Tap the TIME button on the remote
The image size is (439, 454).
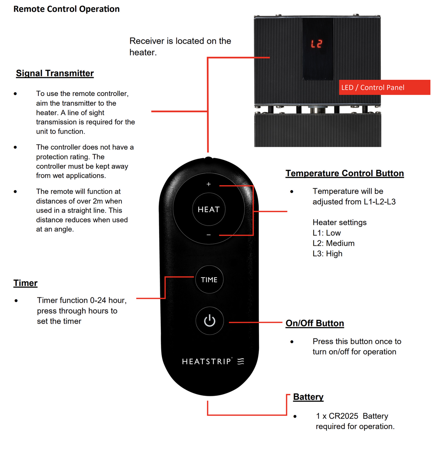pos(209,280)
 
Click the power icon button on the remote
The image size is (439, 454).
pos(209,321)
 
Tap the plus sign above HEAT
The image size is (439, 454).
pos(209,184)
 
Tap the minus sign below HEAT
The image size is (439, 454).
pos(209,235)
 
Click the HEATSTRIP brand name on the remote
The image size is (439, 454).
pos(206,361)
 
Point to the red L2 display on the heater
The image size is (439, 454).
pos(316,44)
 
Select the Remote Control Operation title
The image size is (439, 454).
pos(67,9)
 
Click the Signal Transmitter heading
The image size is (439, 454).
pos(55,73)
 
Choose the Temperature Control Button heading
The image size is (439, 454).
pos(345,173)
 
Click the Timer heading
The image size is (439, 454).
pos(25,283)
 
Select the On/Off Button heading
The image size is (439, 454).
pos(315,323)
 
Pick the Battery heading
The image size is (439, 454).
pos(308,397)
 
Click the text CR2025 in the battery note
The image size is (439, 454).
pos(343,416)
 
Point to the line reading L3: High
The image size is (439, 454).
pos(327,254)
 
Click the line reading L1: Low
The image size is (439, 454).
pos(327,233)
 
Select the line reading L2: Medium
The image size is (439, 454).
pos(333,243)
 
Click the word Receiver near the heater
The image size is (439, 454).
pos(147,41)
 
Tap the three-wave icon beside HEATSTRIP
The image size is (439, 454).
pos(241,361)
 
